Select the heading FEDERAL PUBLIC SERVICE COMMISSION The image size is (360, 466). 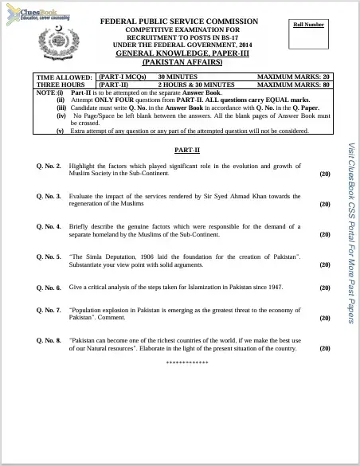(x=179, y=22)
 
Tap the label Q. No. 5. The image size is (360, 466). (x=49, y=257)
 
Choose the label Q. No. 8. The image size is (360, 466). (x=49, y=339)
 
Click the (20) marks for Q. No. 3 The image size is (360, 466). (x=325, y=204)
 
